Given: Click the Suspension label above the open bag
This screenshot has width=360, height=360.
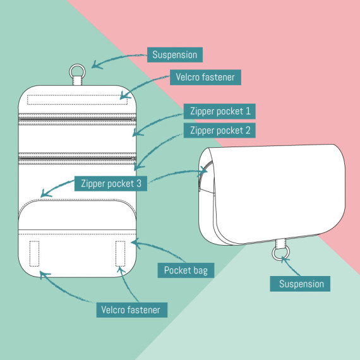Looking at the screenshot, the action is click(x=175, y=55).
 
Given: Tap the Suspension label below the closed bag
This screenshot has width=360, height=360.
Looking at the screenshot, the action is click(x=300, y=284).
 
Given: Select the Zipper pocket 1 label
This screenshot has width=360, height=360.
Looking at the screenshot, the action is click(x=220, y=111).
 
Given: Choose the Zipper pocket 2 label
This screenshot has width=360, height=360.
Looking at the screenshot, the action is click(x=220, y=130).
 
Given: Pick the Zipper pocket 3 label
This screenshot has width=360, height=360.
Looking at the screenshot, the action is click(x=111, y=183).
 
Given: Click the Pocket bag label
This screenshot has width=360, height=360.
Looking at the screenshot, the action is click(x=186, y=270).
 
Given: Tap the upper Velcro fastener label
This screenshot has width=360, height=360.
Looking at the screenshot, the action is click(x=205, y=77).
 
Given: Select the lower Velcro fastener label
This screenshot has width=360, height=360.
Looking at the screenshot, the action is click(x=132, y=310).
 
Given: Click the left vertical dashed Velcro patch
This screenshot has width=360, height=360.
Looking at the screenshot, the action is click(x=34, y=253).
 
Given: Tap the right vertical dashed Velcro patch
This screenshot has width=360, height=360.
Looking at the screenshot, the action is click(x=120, y=253).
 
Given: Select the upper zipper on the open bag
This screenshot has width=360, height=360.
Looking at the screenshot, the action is click(x=78, y=119).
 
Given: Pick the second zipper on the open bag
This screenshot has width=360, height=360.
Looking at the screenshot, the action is click(x=78, y=159).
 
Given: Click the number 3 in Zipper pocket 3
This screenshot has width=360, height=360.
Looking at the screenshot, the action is click(x=139, y=183).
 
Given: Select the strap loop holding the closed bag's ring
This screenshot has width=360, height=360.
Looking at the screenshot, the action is click(x=281, y=243).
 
